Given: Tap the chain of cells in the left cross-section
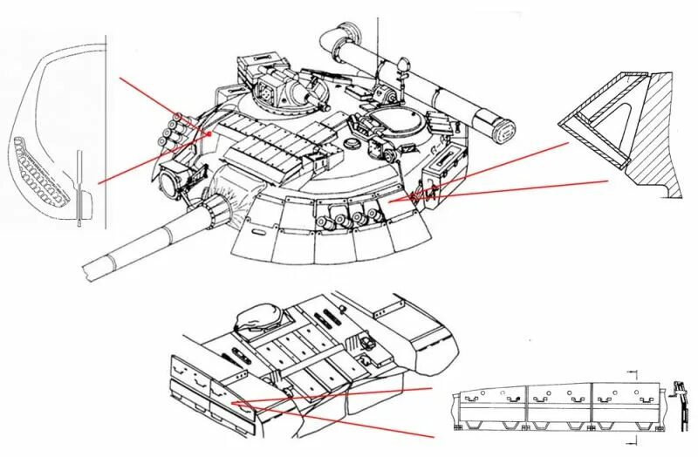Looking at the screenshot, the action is click(40, 170).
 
